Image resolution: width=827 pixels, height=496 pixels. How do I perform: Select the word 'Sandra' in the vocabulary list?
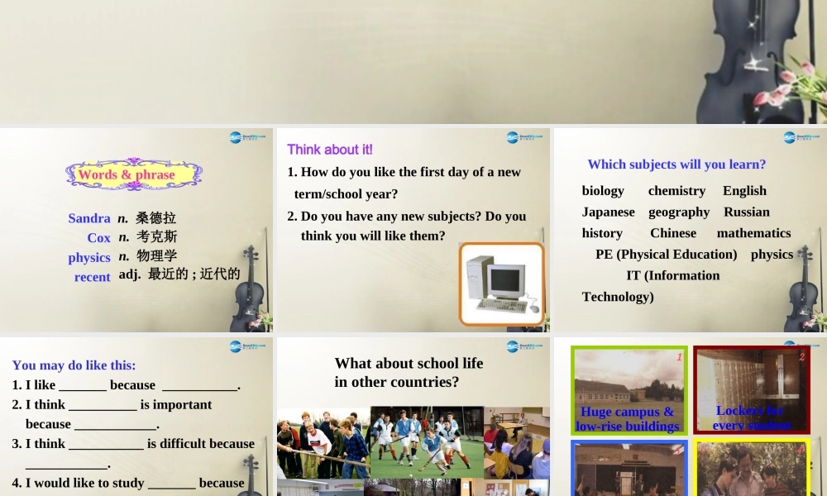click(x=89, y=218)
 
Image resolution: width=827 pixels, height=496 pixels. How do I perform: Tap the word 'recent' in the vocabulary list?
click(x=92, y=277)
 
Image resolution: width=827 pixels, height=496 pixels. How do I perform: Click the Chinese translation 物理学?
click(x=156, y=255)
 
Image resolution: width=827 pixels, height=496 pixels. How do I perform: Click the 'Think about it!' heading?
click(x=330, y=150)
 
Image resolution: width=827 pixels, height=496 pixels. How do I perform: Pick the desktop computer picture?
click(x=501, y=284)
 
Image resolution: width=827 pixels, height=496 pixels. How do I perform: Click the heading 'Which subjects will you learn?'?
click(x=676, y=165)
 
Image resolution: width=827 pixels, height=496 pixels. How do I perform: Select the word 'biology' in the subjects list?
click(x=603, y=191)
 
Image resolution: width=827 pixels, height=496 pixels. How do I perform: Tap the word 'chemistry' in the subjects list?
click(x=676, y=191)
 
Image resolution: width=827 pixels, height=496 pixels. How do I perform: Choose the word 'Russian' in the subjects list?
click(x=746, y=212)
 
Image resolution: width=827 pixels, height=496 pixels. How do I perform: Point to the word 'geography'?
click(x=679, y=212)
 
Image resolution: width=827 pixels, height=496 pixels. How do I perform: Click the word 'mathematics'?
click(x=753, y=233)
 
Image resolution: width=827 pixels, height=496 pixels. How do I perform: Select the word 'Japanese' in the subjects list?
click(x=608, y=212)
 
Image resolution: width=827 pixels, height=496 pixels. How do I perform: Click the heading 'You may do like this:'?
click(x=74, y=365)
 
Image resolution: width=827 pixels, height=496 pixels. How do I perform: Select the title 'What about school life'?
click(x=409, y=363)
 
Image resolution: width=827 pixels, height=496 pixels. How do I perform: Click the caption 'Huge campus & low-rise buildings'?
click(x=628, y=419)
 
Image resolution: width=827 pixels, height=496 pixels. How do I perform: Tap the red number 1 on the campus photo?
click(x=679, y=357)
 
